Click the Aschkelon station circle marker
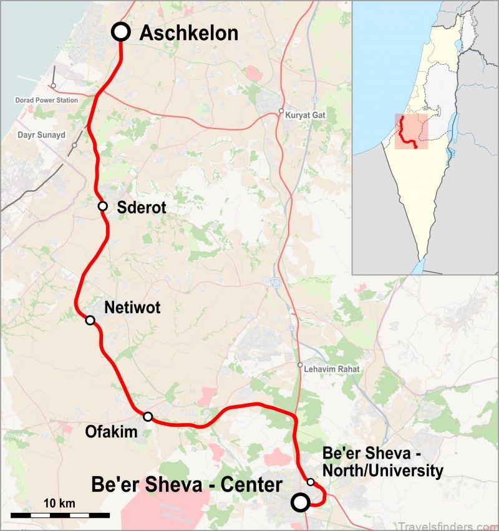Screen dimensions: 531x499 tap(120, 32)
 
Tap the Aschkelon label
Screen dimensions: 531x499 tap(188, 33)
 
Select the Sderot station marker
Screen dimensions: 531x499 tap(103, 207)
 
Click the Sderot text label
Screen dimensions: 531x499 tap(142, 208)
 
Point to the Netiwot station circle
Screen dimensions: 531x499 tap(90, 320)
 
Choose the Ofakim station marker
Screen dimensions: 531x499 tap(148, 416)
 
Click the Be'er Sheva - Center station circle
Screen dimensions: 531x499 tap(301, 502)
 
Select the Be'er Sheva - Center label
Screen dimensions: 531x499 tap(187, 485)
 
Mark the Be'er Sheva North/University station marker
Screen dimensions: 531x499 tap(311, 482)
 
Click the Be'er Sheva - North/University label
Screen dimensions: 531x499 tap(382, 462)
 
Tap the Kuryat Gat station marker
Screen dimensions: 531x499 tap(281, 113)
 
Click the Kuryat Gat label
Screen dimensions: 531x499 tap(306, 115)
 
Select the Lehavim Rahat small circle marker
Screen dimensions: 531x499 tap(300, 365)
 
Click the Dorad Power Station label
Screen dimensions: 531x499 tap(47, 100)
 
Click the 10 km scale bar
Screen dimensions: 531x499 tap(61, 515)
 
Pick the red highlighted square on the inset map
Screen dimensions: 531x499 tap(411, 132)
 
